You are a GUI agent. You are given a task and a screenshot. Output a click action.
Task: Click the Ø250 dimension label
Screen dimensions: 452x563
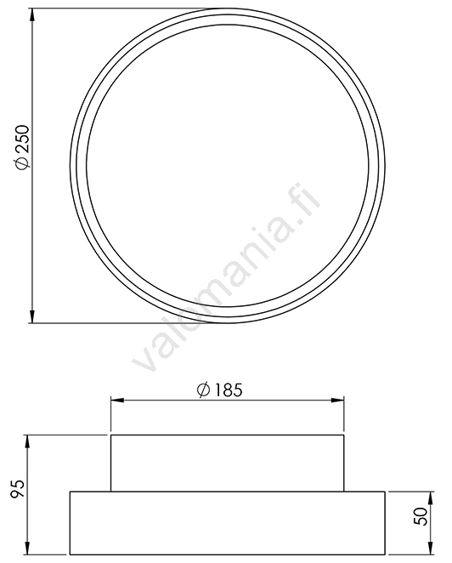tap(21, 146)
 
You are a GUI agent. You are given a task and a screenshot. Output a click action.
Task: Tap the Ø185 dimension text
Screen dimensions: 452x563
tap(220, 390)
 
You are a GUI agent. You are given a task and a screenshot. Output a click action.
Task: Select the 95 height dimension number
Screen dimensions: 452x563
tap(18, 489)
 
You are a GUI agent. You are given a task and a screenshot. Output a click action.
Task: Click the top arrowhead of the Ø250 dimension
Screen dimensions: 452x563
tap(32, 14)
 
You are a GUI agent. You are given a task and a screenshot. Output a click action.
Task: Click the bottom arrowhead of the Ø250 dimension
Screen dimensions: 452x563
tap(32, 316)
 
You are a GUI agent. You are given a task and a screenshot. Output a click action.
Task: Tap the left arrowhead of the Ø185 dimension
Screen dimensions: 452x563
tap(117, 400)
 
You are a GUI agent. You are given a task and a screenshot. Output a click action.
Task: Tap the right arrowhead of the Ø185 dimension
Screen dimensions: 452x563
tap(337, 400)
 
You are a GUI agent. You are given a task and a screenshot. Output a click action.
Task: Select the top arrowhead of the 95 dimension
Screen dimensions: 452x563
tap(27, 441)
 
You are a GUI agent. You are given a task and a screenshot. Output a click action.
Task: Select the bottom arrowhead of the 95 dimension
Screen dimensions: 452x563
tap(27, 548)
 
